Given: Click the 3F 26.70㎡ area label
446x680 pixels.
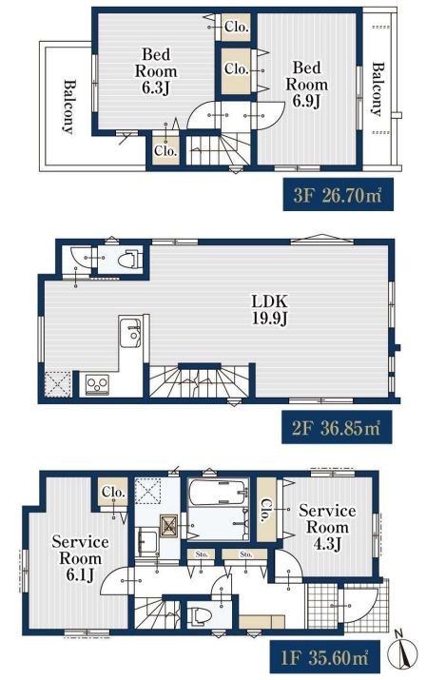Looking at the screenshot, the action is tap(339, 195).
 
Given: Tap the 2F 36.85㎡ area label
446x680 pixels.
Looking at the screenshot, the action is tap(337, 428).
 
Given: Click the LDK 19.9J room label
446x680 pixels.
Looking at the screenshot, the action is tap(269, 309).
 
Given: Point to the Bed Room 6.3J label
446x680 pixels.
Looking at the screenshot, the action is tap(156, 71).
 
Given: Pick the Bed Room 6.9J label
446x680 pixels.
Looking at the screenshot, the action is tap(306, 84).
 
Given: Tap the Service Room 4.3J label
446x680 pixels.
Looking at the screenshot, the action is tap(327, 527).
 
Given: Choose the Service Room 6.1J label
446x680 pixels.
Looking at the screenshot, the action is tap(80, 558).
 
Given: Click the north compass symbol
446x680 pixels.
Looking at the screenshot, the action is tap(406, 651).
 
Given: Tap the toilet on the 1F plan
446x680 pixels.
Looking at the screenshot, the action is tap(201, 616).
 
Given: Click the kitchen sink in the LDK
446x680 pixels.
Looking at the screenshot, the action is tap(130, 332).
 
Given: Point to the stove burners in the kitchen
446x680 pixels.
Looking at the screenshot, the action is tap(97, 383).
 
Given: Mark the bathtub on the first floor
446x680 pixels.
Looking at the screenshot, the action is tap(219, 493).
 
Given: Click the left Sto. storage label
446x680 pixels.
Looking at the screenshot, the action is tap(202, 554).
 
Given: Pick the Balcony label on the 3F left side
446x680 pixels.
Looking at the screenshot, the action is tap(68, 107).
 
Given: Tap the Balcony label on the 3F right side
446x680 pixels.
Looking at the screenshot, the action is tap(378, 89).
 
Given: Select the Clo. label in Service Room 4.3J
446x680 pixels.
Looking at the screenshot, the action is tap(265, 510).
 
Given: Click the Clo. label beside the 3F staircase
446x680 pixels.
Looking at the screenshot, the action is tap(165, 151).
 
